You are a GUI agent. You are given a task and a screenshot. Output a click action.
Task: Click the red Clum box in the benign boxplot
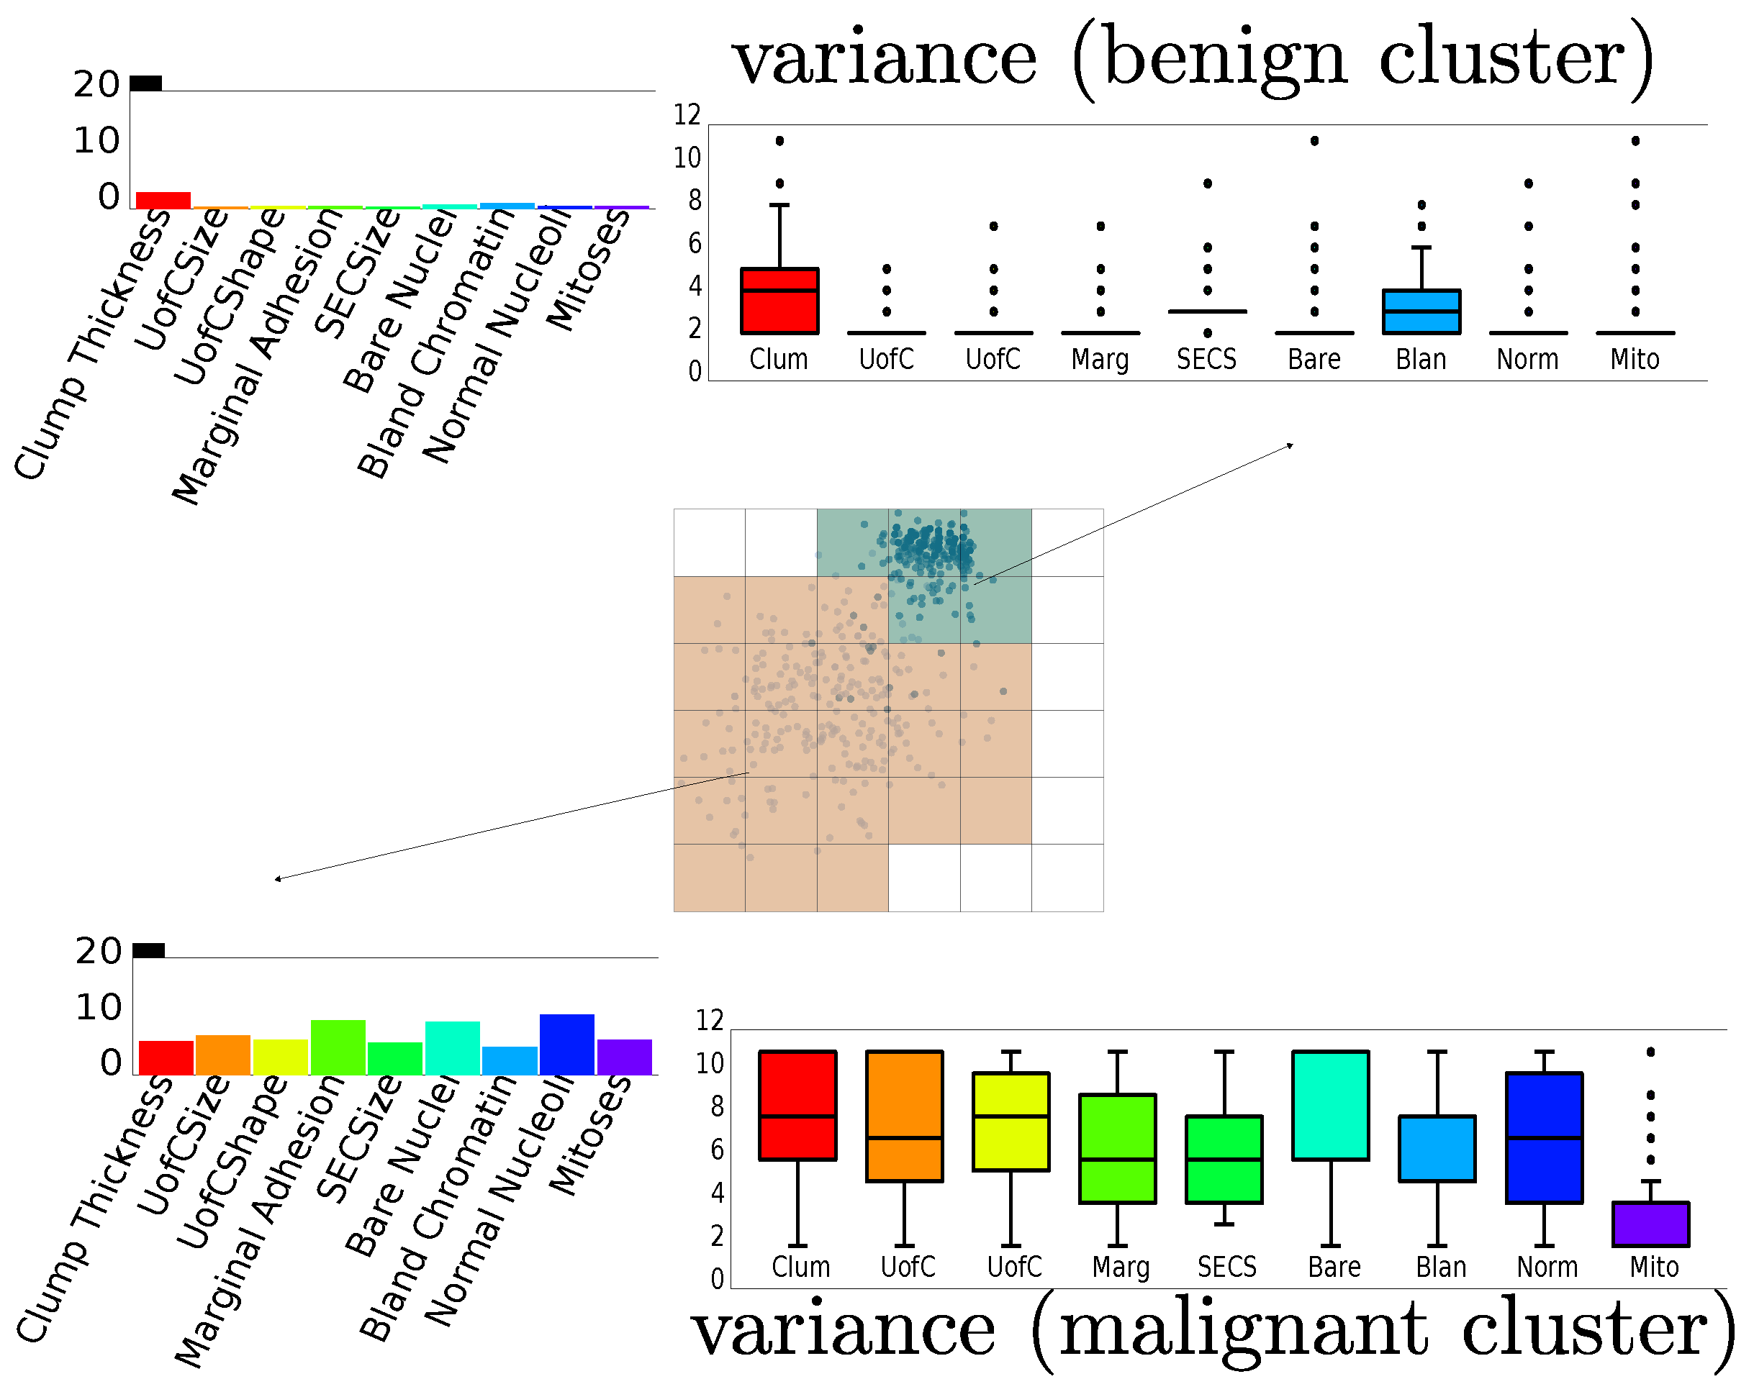(779, 300)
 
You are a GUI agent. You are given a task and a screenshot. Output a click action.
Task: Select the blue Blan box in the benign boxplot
(1421, 311)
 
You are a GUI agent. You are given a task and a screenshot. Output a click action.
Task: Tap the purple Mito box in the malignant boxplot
(1650, 1223)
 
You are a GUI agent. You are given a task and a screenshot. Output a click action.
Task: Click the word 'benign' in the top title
(1224, 61)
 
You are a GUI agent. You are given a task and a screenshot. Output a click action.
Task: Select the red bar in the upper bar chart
(163, 200)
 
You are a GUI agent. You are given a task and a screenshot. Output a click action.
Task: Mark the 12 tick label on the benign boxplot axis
(687, 114)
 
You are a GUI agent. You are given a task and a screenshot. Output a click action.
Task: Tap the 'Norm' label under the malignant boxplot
(1547, 1266)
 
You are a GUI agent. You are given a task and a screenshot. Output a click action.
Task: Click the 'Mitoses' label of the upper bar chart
(588, 268)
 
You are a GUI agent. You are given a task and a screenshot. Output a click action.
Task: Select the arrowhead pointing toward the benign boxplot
(1290, 445)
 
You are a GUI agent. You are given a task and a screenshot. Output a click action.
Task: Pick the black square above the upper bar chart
(146, 83)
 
